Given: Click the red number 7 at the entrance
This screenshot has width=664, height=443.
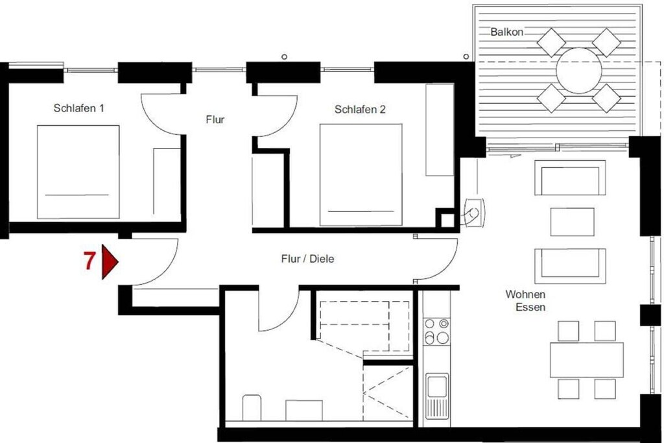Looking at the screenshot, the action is coord(89,261).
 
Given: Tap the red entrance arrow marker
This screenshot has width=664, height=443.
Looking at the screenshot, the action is coord(109,262).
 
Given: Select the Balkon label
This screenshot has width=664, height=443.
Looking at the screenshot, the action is coord(506,32).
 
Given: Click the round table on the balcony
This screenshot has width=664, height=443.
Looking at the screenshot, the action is coord(578,71).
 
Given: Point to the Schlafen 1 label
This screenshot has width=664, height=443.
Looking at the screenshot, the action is coord(78,108).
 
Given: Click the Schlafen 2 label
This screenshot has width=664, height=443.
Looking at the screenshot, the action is coord(360,109).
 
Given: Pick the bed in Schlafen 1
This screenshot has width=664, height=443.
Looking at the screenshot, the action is coord(78,171).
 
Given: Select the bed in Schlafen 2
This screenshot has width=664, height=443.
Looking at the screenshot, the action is coord(361,174).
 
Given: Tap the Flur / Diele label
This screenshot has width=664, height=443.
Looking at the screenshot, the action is coord(307,258).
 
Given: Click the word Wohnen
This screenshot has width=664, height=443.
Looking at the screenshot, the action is coord(525,294).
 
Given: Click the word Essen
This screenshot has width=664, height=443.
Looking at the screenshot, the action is coord(530,307).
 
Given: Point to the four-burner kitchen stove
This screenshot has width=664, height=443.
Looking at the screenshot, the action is coord(436,331).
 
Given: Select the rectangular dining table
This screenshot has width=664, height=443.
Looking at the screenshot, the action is coord(586,359).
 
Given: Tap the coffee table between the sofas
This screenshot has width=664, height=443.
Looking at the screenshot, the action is coord(572,222).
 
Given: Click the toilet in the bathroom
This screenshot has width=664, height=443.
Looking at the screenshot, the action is coord(252,408).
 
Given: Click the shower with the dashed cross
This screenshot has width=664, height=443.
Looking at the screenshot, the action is coord(388,394).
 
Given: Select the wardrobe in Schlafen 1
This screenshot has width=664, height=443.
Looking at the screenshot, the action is coord(167,181).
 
